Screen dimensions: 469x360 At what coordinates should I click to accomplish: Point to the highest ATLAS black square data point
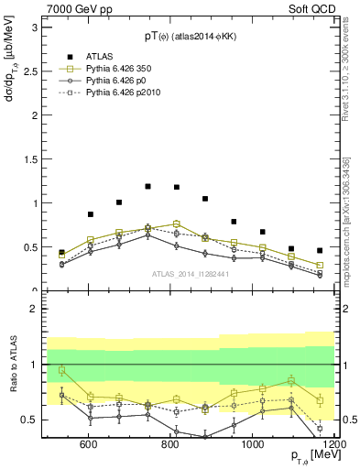point(147,186)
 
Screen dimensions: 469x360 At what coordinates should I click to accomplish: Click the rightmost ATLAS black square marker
point(320,250)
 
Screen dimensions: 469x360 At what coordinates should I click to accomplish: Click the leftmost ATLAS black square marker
point(61,252)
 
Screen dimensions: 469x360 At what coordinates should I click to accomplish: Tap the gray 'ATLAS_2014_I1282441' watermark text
point(191,274)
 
